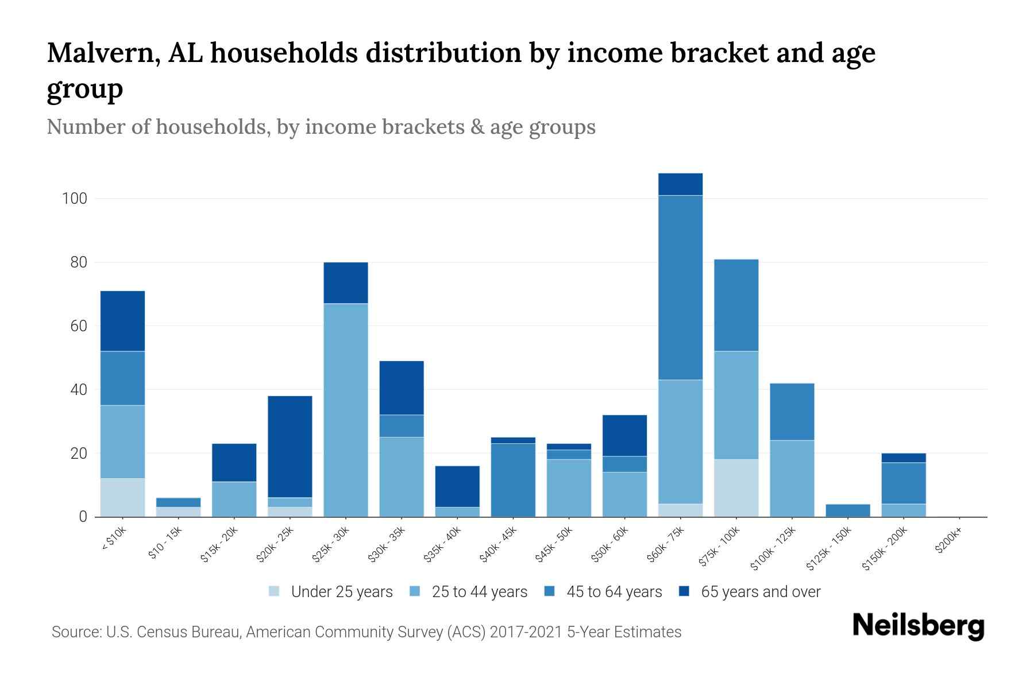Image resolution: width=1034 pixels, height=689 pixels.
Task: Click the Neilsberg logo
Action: [x=918, y=626]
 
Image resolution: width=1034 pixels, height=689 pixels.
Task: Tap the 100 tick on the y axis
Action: [x=75, y=199]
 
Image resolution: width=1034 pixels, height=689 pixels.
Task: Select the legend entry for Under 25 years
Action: [x=342, y=592]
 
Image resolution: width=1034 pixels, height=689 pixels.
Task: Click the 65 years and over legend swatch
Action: [x=684, y=591]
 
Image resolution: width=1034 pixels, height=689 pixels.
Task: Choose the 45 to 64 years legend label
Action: [x=614, y=592]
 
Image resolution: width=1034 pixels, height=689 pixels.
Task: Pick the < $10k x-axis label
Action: [x=113, y=540]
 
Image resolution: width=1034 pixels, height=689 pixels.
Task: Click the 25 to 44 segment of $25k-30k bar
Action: [x=346, y=410]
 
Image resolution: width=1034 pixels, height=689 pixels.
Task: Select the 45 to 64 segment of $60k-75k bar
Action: [x=680, y=287]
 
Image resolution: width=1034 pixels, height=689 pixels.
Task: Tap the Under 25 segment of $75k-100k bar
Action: [x=736, y=488]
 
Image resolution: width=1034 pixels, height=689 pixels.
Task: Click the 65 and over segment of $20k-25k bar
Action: [x=290, y=446]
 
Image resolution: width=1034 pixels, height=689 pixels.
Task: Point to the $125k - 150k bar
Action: [x=847, y=510]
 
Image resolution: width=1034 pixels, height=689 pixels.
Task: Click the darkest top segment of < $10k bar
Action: [x=122, y=321]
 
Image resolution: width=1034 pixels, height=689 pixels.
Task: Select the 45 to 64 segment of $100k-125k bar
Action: [x=792, y=412]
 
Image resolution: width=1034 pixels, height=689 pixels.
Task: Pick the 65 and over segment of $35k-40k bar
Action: [x=457, y=486]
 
